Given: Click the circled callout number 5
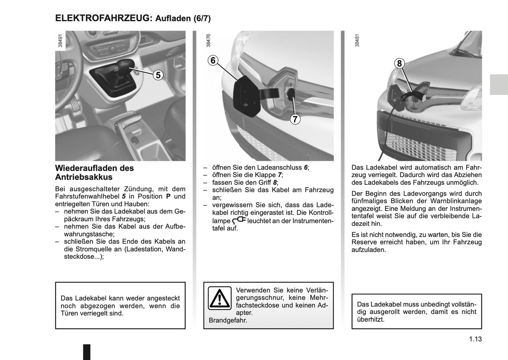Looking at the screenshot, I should click(x=158, y=75).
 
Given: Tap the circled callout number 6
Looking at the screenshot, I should click(x=213, y=60).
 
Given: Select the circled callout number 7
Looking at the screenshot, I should click(x=295, y=119).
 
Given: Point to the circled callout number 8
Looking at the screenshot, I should click(x=399, y=64).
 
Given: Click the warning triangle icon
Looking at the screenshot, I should click(x=219, y=298).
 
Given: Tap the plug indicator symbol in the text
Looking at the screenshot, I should click(x=239, y=221).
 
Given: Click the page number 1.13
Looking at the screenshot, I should click(x=475, y=339).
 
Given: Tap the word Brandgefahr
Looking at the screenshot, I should click(x=228, y=320).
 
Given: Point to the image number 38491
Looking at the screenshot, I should click(x=60, y=40).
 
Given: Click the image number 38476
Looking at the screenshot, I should click(x=208, y=40).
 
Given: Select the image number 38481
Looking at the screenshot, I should click(x=357, y=40).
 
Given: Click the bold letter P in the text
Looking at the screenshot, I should click(x=168, y=196).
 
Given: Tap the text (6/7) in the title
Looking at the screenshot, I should click(x=202, y=19).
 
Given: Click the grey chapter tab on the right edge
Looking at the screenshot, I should click(x=499, y=85).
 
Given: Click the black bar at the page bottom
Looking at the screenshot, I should click(x=86, y=352).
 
